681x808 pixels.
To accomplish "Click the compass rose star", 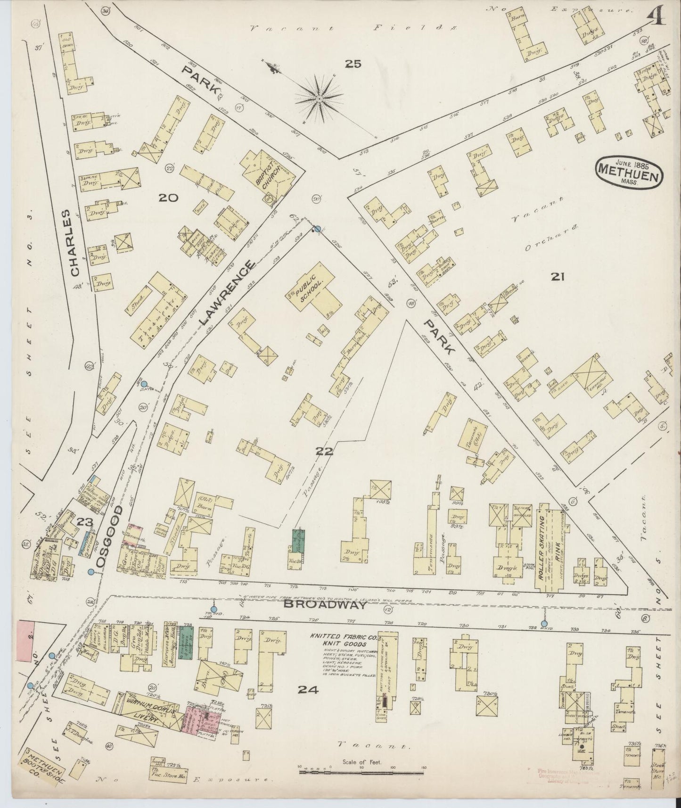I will [x=320, y=99].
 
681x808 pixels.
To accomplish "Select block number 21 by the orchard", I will [x=558, y=277].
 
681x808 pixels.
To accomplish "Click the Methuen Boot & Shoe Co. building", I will [x=45, y=778].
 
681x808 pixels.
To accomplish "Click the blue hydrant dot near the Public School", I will [x=317, y=229].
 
